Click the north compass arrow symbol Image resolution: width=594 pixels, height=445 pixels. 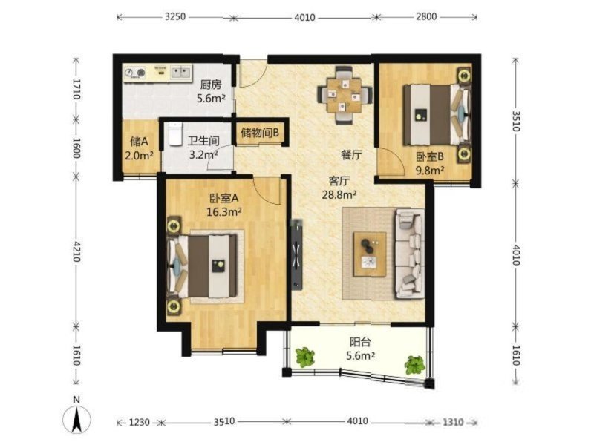[x=76, y=418]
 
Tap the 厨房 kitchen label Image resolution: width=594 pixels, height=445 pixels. [x=211, y=85]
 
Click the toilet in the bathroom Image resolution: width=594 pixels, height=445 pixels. [x=175, y=133]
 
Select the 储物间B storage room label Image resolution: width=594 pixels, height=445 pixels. [x=260, y=133]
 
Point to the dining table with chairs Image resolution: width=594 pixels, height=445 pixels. [x=345, y=95]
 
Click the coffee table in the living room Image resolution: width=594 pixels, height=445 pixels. [x=370, y=254]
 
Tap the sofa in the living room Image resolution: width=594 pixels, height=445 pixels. [x=410, y=253]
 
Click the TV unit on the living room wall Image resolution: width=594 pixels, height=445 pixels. [x=296, y=255]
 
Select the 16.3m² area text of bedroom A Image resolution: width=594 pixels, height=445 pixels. [x=224, y=212]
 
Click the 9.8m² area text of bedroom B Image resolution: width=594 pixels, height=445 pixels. [x=430, y=171]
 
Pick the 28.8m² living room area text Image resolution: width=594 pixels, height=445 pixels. [x=339, y=195]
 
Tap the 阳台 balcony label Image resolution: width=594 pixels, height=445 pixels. [x=360, y=342]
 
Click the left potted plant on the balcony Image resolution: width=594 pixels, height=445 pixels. [x=305, y=357]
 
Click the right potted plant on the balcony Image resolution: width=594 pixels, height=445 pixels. [x=414, y=365]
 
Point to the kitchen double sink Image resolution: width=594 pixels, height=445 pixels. [x=180, y=71]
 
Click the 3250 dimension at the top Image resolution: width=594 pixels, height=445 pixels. [x=175, y=16]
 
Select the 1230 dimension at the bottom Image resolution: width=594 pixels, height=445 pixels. [x=140, y=421]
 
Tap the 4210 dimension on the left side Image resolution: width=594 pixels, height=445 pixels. [x=76, y=251]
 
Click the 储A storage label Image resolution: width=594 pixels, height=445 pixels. [x=139, y=142]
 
